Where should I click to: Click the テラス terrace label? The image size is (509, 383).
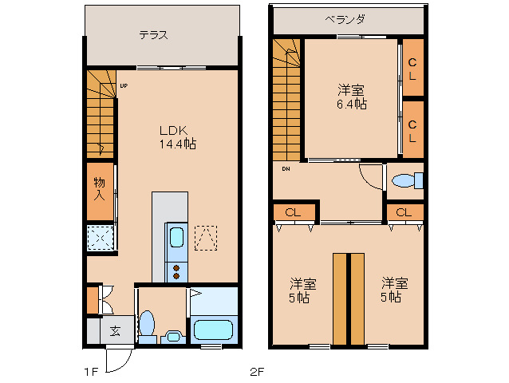coord(152,35)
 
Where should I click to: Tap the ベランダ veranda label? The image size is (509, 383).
coord(345,19)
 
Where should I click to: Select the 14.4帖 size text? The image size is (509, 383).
coord(177,144)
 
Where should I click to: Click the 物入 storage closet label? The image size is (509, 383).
coord(100,188)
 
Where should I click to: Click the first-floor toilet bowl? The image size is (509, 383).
coord(147,324)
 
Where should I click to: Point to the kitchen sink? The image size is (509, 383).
coord(177,238)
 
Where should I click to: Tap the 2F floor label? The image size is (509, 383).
coord(257,372)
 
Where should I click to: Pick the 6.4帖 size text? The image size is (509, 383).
coord(351,105)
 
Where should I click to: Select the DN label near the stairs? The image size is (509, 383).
coord(285,168)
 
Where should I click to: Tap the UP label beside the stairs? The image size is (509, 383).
coord(124,85)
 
